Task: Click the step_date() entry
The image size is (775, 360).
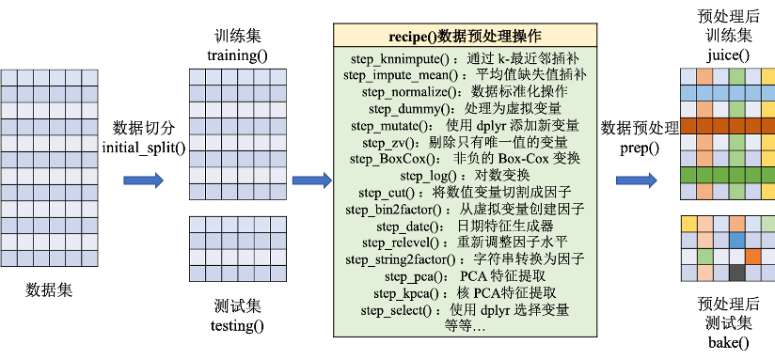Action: [x=409, y=227]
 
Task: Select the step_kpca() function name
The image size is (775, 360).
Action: [x=406, y=293]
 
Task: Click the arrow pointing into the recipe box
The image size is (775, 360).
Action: [x=310, y=180]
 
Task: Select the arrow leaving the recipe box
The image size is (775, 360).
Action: [x=636, y=180]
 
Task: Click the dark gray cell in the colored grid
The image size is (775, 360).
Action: [x=735, y=273]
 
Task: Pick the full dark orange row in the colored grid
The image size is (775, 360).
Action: [x=727, y=126]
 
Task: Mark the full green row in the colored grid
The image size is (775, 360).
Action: [x=727, y=175]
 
